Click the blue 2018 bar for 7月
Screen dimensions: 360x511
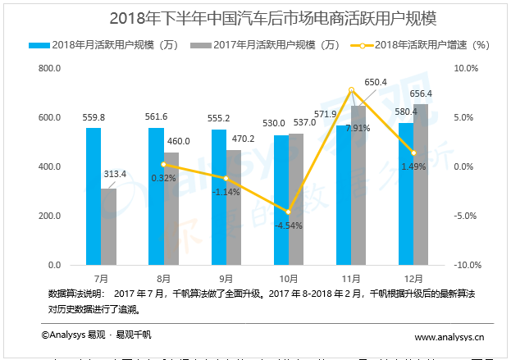pyautogui.click(x=94, y=197)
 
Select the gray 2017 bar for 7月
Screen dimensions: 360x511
pyautogui.click(x=108, y=227)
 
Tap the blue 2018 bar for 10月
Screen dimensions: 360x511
pyautogui.click(x=281, y=200)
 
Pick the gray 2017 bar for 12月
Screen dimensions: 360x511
pyautogui.click(x=421, y=185)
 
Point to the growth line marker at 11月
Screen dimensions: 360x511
pyautogui.click(x=351, y=89)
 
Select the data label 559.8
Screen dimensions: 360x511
pyautogui.click(x=94, y=117)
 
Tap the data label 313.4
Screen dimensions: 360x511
pyautogui.click(x=115, y=174)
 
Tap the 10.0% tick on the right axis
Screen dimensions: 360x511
pyautogui.click(x=466, y=69)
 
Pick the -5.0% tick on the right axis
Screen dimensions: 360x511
pyautogui.click(x=466, y=216)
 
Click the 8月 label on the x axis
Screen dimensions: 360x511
pyautogui.click(x=164, y=279)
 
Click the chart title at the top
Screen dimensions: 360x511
pyautogui.click(x=255, y=18)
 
